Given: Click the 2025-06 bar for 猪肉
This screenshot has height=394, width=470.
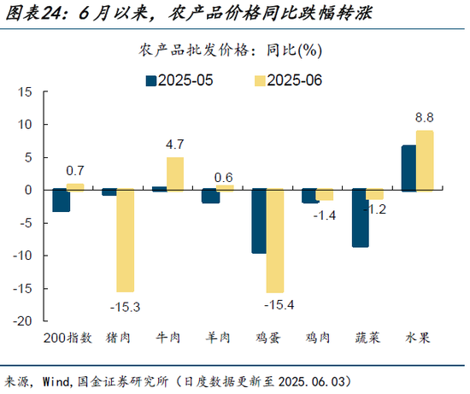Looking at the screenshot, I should (x=126, y=240).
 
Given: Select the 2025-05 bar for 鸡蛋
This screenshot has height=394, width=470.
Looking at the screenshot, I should (x=258, y=221).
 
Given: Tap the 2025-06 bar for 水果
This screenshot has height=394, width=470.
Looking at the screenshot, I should (x=425, y=161).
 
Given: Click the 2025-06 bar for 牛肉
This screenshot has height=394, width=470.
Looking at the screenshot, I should (x=174, y=173).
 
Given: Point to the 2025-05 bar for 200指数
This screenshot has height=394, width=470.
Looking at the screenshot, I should (x=61, y=200).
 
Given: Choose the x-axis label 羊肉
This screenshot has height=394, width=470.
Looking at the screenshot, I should (x=216, y=338).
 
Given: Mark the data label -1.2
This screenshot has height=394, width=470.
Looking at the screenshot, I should (x=376, y=209).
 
